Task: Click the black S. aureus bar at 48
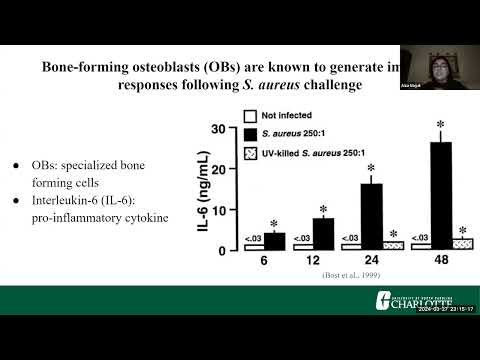pyautogui.click(x=441, y=195)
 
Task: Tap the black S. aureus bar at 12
pyautogui.click(x=323, y=233)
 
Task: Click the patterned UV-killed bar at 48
pyautogui.click(x=462, y=243)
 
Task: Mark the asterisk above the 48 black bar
pyautogui.click(x=441, y=126)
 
